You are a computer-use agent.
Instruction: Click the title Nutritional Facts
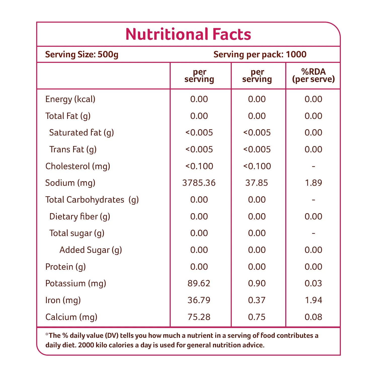point(188,34)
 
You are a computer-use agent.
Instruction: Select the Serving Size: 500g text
point(82,55)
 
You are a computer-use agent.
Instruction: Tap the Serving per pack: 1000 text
point(260,55)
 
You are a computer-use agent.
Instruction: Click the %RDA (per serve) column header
point(313,75)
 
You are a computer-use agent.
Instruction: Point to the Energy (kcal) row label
point(70,99)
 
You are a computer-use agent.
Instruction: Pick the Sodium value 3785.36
point(199,183)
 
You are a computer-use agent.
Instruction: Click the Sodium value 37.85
point(257,183)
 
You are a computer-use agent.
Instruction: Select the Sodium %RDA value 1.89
point(313,183)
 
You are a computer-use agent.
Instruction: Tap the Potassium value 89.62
point(199,284)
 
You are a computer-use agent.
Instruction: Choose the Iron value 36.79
point(199,300)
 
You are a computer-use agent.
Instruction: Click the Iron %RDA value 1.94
point(313,300)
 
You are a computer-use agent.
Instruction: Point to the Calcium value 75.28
point(199,317)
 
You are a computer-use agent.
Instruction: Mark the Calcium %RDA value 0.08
point(313,317)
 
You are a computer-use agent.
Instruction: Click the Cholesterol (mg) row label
point(78,166)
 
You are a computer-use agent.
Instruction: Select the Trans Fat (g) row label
point(73,150)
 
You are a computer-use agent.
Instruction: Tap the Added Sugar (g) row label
point(91,250)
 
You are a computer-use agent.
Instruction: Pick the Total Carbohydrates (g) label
point(92,200)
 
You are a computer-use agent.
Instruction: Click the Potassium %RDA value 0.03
point(313,284)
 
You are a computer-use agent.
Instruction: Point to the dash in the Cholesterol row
point(313,166)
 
